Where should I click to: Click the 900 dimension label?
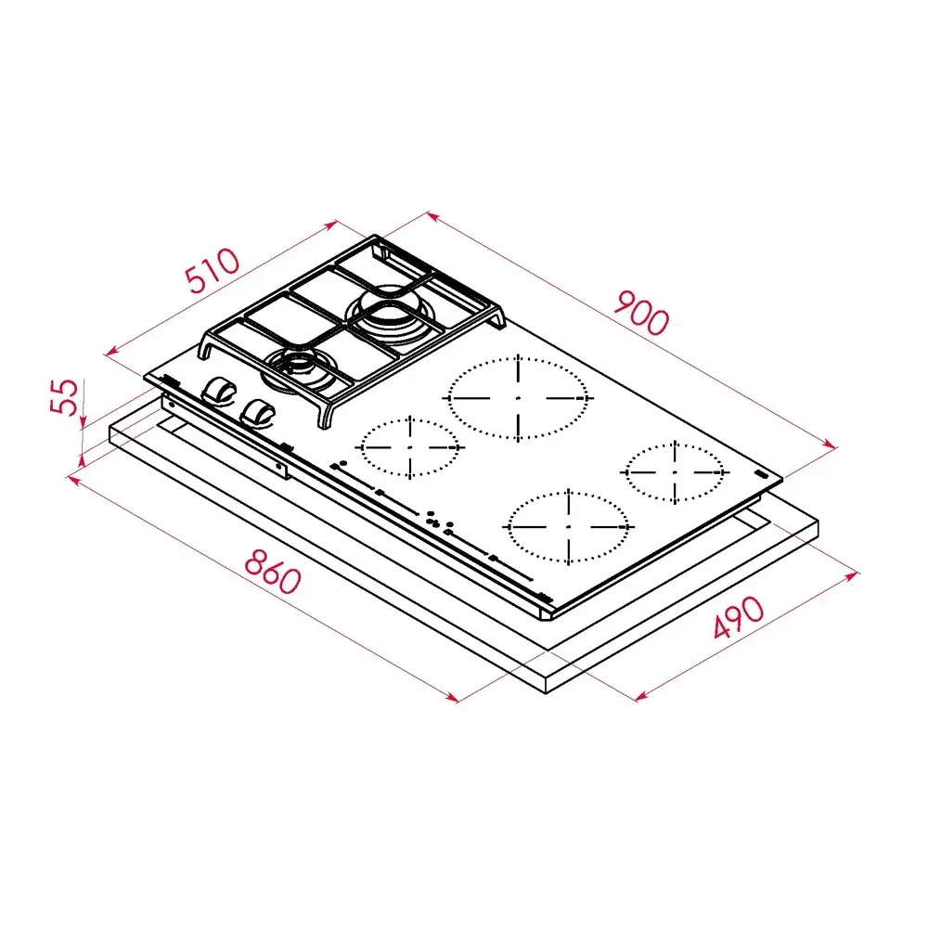tap(641, 312)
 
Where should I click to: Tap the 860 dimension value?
tap(273, 571)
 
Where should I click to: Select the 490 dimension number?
tap(739, 617)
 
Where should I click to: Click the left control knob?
tap(219, 392)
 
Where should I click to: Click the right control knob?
tap(258, 412)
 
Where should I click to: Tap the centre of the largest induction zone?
tap(518, 398)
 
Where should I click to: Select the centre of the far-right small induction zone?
tap(675, 472)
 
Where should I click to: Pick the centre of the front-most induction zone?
tap(568, 526)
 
